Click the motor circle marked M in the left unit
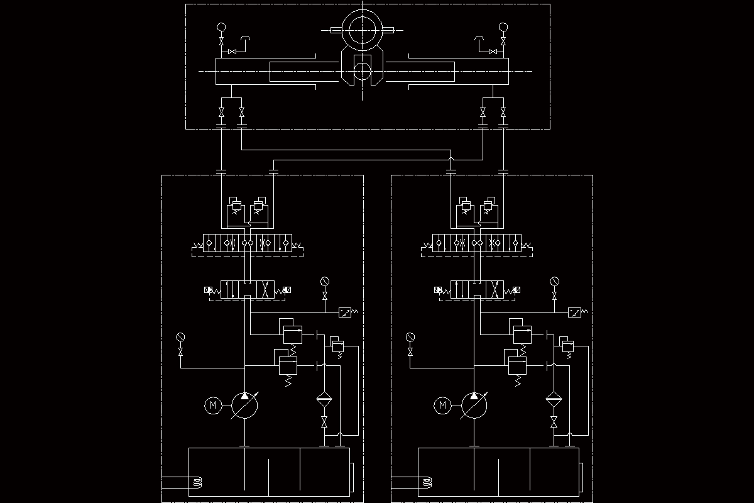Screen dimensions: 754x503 coord(212,405)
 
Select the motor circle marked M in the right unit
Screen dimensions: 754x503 coord(442,405)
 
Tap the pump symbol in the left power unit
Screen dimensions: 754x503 coord(244,405)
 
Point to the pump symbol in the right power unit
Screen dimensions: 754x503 coord(474,405)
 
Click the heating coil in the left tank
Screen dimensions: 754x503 coord(197,483)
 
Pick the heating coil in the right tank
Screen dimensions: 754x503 coord(427,483)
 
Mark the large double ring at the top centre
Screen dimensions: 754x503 coord(363,30)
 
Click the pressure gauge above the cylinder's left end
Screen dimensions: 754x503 coord(221,27)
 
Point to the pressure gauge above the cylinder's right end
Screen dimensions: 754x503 coord(503,27)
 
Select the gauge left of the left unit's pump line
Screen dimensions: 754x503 coord(181,338)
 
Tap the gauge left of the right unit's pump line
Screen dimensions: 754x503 coord(410,338)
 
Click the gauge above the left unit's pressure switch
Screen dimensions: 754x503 coord(325,281)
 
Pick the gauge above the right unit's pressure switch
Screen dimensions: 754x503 coord(554,281)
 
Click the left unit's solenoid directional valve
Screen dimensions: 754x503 coord(247,290)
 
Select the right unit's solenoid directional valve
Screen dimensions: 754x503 coord(476,290)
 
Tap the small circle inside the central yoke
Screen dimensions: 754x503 coord(363,70)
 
